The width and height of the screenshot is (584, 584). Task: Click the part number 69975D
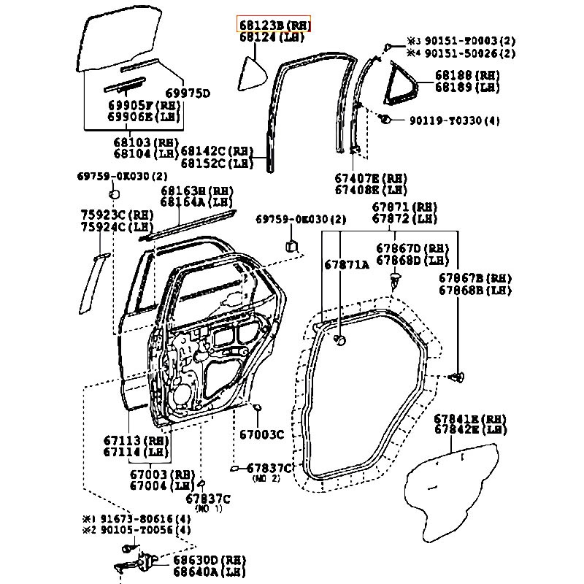tap(188, 93)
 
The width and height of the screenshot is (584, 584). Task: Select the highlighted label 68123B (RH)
tap(274, 24)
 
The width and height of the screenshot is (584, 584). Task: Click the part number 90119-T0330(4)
tap(455, 120)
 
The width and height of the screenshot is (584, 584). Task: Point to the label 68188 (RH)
tap(467, 75)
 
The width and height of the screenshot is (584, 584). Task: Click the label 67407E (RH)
tap(371, 178)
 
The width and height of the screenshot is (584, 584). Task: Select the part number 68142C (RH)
tap(217, 152)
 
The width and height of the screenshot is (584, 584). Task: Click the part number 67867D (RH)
tap(413, 248)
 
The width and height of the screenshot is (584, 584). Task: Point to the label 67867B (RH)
tap(475, 278)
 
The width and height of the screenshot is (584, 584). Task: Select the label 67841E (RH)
tap(469, 419)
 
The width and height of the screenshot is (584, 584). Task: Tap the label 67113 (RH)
tap(137, 440)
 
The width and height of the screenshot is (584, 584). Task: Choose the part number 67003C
tap(261, 435)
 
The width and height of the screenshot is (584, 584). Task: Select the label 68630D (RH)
tap(209, 560)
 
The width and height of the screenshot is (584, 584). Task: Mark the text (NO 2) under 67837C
tap(266, 479)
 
